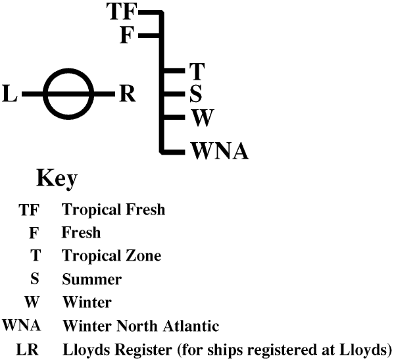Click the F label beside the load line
(128, 34)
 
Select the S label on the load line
(195, 94)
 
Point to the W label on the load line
(203, 119)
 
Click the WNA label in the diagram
(220, 151)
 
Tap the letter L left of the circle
(10, 96)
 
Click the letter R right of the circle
(127, 95)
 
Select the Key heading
(57, 178)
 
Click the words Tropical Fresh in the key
(113, 211)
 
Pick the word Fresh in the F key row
(81, 233)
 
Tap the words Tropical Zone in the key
(111, 256)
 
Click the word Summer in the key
(91, 279)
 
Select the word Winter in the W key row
(87, 302)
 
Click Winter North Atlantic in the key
(141, 325)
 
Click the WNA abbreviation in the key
(22, 325)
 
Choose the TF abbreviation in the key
(30, 211)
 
